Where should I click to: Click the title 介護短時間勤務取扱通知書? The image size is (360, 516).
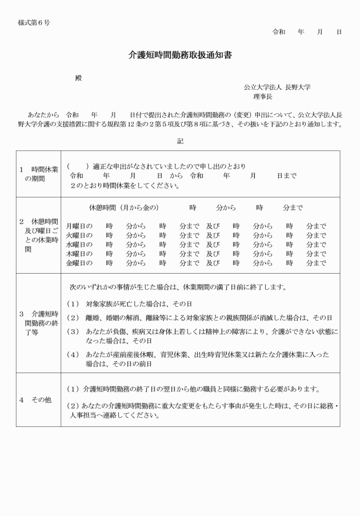(x=179, y=56)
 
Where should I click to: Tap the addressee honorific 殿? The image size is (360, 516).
(x=79, y=78)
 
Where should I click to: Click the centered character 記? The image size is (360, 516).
(x=180, y=140)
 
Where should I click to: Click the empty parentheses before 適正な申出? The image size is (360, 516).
(x=78, y=166)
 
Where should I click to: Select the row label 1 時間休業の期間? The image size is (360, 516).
(x=38, y=174)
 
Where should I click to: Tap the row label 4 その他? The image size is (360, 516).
(x=35, y=399)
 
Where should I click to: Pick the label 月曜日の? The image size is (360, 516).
(x=79, y=226)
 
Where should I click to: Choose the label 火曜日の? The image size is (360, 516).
(x=79, y=235)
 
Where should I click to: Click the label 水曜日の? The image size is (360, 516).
(x=79, y=245)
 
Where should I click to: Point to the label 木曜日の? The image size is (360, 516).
(x=79, y=254)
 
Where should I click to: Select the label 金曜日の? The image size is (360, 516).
(x=79, y=263)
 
